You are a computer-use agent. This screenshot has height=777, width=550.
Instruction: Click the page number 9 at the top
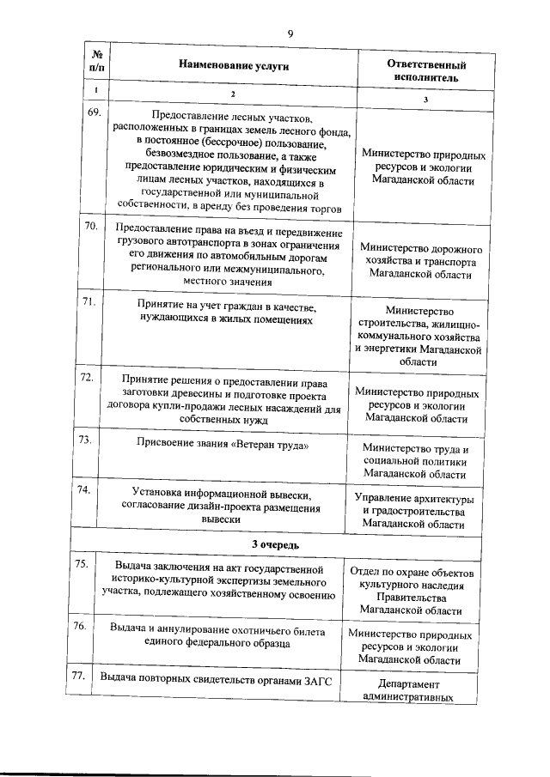click(x=290, y=33)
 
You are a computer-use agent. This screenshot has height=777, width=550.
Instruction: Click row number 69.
click(x=95, y=112)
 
